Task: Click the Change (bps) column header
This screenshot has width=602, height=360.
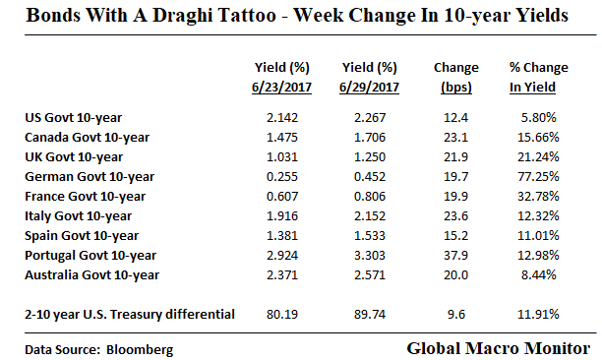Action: [455, 77]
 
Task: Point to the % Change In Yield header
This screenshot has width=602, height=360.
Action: [537, 77]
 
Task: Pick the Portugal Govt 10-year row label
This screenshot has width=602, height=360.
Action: [83, 255]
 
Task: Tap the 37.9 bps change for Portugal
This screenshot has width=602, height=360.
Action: [455, 255]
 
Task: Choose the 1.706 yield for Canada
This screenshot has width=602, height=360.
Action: [368, 137]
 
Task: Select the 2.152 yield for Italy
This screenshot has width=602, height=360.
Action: [368, 215]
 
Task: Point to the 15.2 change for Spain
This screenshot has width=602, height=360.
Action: [455, 235]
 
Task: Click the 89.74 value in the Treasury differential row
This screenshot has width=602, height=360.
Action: [368, 314]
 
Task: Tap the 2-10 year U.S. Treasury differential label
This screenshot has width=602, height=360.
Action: [129, 314]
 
